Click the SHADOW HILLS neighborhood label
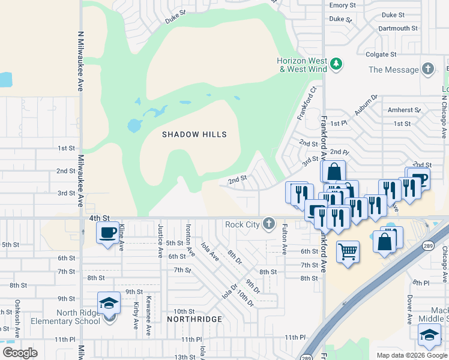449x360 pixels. pyautogui.click(x=194, y=134)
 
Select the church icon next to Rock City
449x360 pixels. pyautogui.click(x=268, y=224)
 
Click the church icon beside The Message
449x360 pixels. pyautogui.click(x=428, y=69)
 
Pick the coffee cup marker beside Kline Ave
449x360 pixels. pyautogui.click(x=108, y=233)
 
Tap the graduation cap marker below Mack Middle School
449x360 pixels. pyautogui.click(x=429, y=335)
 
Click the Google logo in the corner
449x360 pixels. pyautogui.click(x=20, y=353)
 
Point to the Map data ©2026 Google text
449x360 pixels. pyautogui.click(x=411, y=355)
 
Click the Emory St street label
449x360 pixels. pyautogui.click(x=343, y=5)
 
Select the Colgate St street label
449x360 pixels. pyautogui.click(x=382, y=54)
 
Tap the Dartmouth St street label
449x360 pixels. pyautogui.click(x=398, y=28)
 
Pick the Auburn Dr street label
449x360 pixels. pyautogui.click(x=366, y=104)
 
